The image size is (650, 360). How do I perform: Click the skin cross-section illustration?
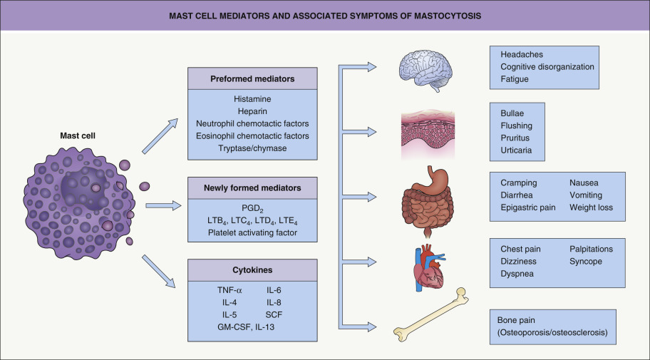click(x=427, y=131)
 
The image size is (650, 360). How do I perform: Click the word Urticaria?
click(x=517, y=150)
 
